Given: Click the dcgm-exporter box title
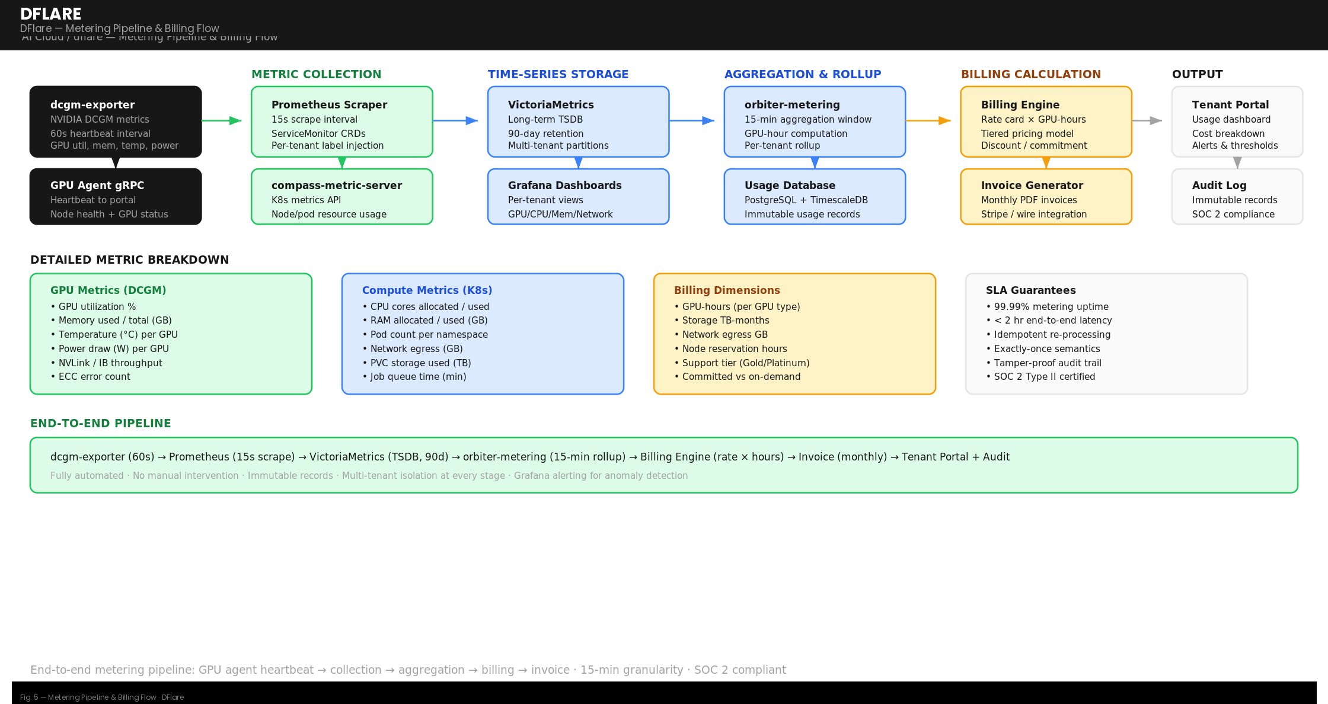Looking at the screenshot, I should pos(92,105).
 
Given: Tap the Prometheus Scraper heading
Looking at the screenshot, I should pos(329,105).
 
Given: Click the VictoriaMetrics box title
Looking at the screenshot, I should pos(550,105).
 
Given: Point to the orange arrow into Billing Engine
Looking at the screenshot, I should pos(928,121).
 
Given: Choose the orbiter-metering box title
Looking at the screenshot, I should pos(791,105).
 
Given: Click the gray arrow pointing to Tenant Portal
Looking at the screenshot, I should pos(1147,121).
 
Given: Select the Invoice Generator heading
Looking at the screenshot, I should pos(1032,185).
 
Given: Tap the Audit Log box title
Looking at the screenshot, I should pos(1219,185).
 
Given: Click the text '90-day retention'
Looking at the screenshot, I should pos(545,134).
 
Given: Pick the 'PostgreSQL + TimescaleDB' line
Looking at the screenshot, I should pos(806,200).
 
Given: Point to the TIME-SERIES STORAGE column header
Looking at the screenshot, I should pos(558,74).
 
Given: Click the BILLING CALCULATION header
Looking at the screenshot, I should pos(1030,74).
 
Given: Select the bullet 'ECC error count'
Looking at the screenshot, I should pos(94,377).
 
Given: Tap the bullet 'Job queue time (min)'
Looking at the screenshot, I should pos(418,377).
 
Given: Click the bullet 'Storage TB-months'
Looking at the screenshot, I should pos(725,321).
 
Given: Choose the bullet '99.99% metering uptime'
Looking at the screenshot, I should pos(1051,307).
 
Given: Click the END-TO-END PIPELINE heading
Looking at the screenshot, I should pos(100,423).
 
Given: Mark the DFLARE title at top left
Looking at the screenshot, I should pos(51,14).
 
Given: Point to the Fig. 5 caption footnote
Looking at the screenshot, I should pos(102,697).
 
